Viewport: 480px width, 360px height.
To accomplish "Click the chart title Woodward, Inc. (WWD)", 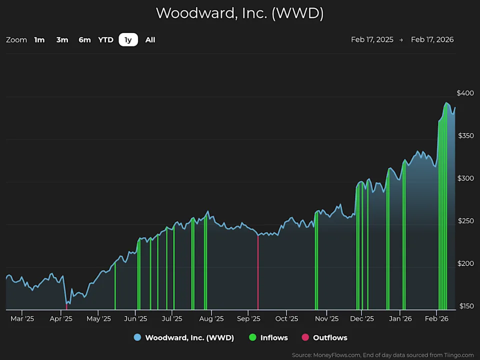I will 240,13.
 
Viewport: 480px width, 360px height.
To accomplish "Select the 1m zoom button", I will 39,39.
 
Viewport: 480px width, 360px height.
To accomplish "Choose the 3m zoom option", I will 62,39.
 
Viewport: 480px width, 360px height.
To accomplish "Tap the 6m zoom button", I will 84,39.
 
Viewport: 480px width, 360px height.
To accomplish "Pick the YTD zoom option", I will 105,39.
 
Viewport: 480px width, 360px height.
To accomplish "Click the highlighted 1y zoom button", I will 128,39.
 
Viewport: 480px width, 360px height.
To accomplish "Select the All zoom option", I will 150,39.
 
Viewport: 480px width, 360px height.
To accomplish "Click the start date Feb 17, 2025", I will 372,39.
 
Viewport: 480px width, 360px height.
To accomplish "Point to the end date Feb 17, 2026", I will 432,39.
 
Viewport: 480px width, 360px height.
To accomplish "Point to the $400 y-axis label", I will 465,93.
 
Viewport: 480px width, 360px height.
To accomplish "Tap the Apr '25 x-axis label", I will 61,318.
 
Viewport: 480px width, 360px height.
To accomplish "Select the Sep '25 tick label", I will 248,318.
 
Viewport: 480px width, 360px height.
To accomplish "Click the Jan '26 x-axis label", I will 400,318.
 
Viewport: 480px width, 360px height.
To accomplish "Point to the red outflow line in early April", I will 66,306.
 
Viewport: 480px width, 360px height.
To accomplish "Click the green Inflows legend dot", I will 252,337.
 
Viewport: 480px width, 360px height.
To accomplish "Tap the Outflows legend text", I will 330,337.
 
